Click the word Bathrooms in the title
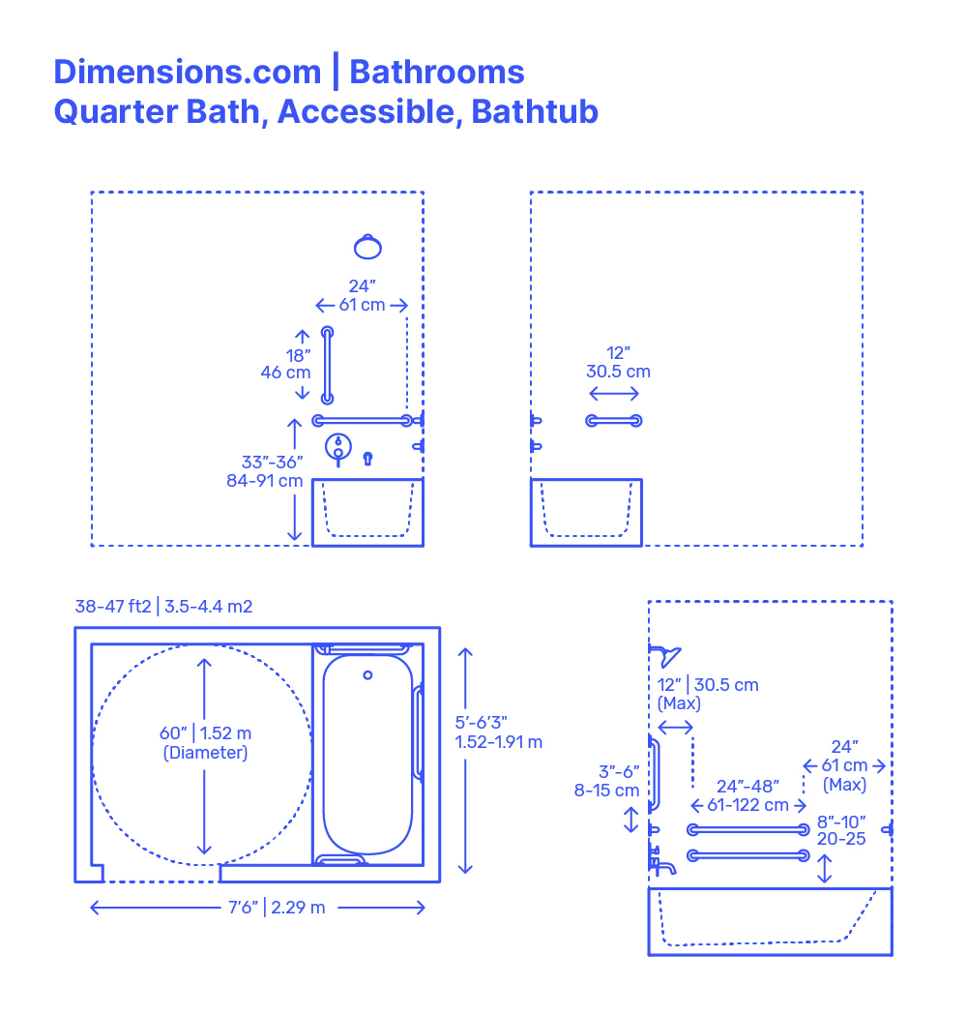pyautogui.click(x=437, y=72)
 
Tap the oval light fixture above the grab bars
pyautogui.click(x=367, y=247)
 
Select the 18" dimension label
pyautogui.click(x=298, y=355)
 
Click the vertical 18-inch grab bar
pyautogui.click(x=327, y=365)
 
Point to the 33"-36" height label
pyautogui.click(x=273, y=463)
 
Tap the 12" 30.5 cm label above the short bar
pyautogui.click(x=618, y=362)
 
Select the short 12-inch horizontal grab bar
pyautogui.click(x=614, y=420)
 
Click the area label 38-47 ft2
pyautogui.click(x=113, y=607)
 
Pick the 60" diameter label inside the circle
pyautogui.click(x=206, y=733)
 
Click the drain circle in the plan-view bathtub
pyautogui.click(x=367, y=674)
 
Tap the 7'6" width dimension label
pyautogui.click(x=257, y=907)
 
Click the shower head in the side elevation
pyautogui.click(x=666, y=656)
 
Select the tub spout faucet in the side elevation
pyautogui.click(x=662, y=864)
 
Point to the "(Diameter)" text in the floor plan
pyautogui.click(x=205, y=753)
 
